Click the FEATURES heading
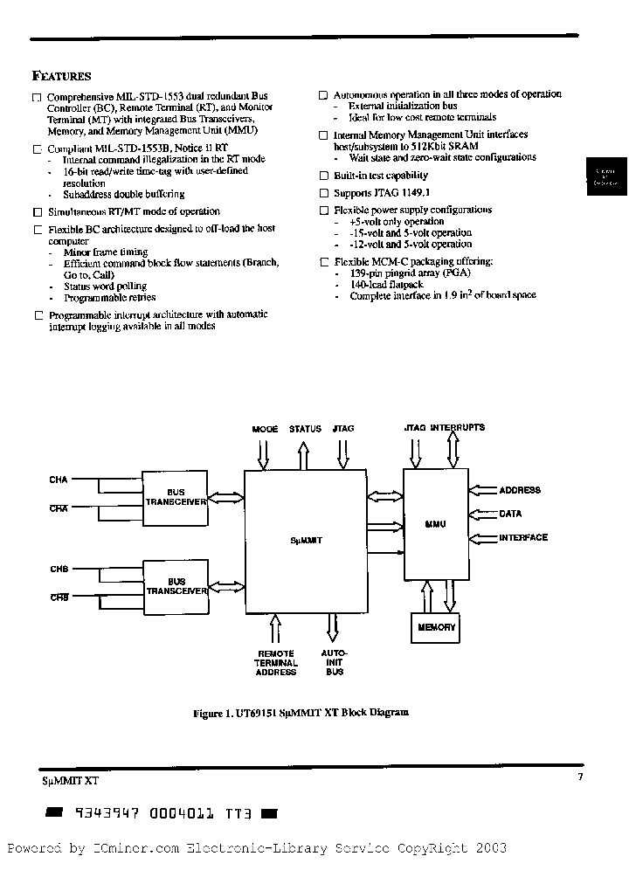[61, 76]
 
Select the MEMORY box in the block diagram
[437, 627]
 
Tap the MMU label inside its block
[435, 524]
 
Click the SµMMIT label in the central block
[306, 541]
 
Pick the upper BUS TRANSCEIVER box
[176, 498]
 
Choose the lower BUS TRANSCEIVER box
[176, 586]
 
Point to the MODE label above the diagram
[265, 429]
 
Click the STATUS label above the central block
[305, 429]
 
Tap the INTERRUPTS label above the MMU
[457, 428]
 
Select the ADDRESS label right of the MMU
[520, 490]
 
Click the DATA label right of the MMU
[510, 515]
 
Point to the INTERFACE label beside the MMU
[523, 537]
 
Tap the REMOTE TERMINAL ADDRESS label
[276, 663]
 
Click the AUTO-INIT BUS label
[334, 663]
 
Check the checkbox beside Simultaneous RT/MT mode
[37, 212]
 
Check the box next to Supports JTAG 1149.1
[323, 193]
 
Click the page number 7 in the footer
[580, 777]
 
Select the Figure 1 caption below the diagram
[300, 713]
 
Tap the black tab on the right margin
[605, 177]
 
